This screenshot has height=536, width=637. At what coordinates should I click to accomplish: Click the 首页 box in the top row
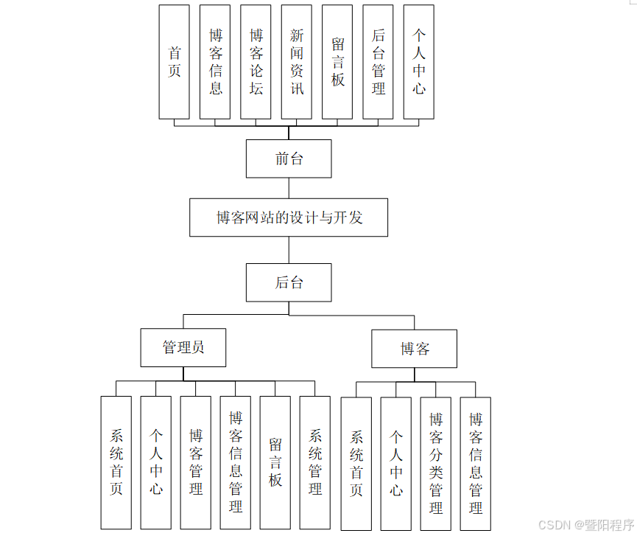click(175, 62)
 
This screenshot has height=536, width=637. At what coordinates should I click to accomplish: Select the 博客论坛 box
click(256, 62)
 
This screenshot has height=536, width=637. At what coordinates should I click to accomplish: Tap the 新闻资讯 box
click(297, 62)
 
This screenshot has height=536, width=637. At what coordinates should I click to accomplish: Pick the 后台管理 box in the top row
click(379, 62)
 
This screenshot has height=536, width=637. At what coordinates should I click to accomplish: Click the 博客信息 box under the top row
click(215, 62)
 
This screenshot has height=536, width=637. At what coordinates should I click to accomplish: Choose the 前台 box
click(289, 159)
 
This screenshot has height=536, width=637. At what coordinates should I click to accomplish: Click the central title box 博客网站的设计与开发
click(289, 217)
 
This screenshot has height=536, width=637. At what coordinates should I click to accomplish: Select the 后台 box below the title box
click(289, 282)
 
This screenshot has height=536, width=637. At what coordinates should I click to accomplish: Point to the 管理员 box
click(183, 348)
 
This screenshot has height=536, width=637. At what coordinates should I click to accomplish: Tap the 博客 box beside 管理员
click(415, 349)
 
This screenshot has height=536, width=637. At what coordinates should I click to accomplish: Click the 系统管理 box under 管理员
click(315, 462)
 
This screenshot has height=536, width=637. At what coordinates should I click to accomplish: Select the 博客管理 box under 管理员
click(196, 462)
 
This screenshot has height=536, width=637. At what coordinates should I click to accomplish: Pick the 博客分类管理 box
click(436, 463)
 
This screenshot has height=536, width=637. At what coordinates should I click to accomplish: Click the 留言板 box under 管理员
click(275, 462)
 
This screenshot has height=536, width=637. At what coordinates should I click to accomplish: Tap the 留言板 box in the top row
click(338, 62)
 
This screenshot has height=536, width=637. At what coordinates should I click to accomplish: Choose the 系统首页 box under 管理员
click(116, 462)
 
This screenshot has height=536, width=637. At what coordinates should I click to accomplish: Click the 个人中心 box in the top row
click(419, 62)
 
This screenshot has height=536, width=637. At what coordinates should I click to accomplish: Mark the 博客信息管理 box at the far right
click(476, 463)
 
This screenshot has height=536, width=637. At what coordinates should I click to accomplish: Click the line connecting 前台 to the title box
click(289, 188)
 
